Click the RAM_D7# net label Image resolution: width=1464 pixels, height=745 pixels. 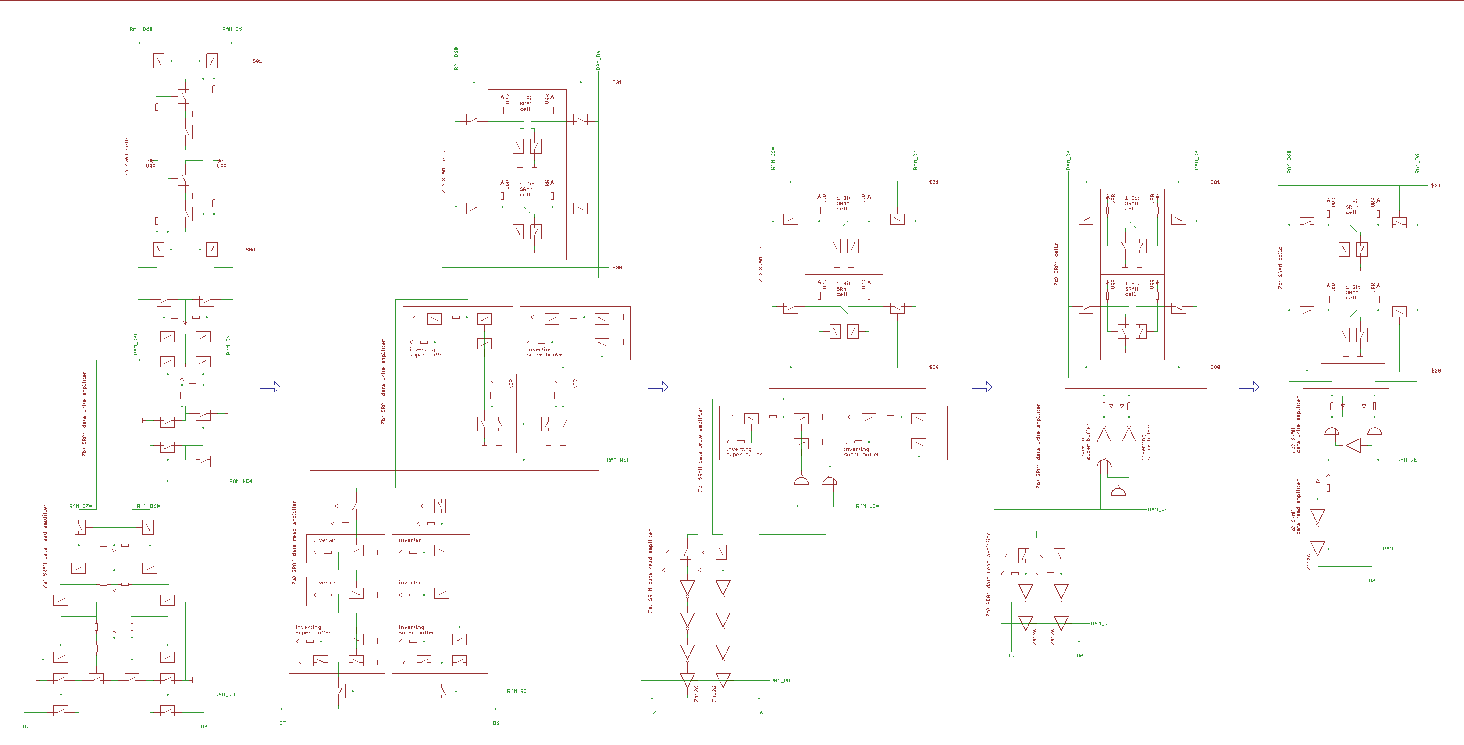tap(80, 506)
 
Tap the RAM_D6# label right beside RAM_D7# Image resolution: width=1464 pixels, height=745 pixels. tap(148, 506)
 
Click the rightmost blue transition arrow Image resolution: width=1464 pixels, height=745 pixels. tap(1249, 387)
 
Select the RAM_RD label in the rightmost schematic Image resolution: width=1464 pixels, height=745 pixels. tap(1392, 548)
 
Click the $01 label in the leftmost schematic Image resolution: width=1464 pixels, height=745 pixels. tap(258, 61)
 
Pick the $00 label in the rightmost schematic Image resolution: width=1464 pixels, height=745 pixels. tap(1436, 371)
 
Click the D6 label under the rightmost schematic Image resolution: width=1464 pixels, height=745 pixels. tap(1371, 580)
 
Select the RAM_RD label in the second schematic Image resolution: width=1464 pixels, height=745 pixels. tap(516, 691)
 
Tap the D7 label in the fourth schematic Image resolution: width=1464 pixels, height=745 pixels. tap(1012, 655)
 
